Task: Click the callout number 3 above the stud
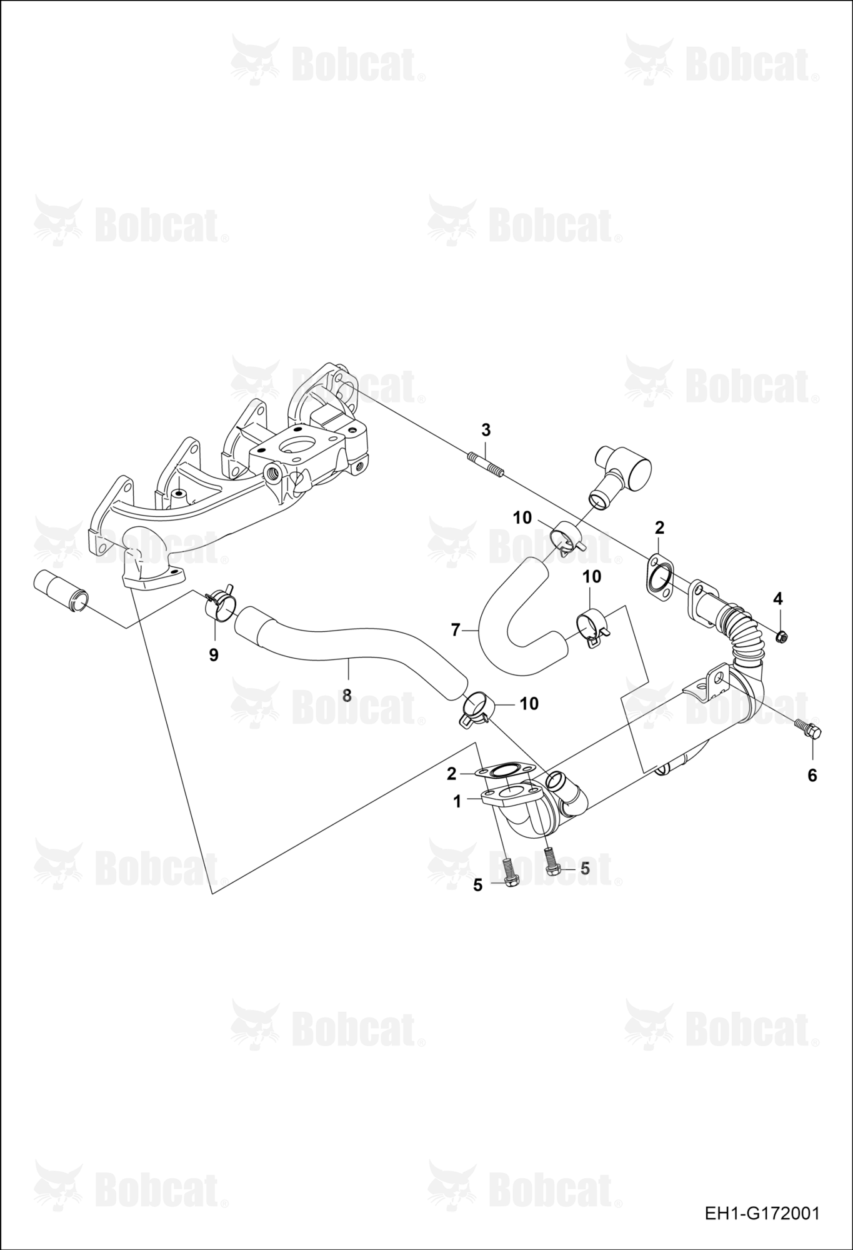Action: point(486,430)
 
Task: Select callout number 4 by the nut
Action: point(777,599)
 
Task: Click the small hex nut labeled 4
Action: point(780,637)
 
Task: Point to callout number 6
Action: point(812,776)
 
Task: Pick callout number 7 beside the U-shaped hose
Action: point(456,630)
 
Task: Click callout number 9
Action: point(214,655)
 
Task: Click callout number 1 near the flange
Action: point(457,801)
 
